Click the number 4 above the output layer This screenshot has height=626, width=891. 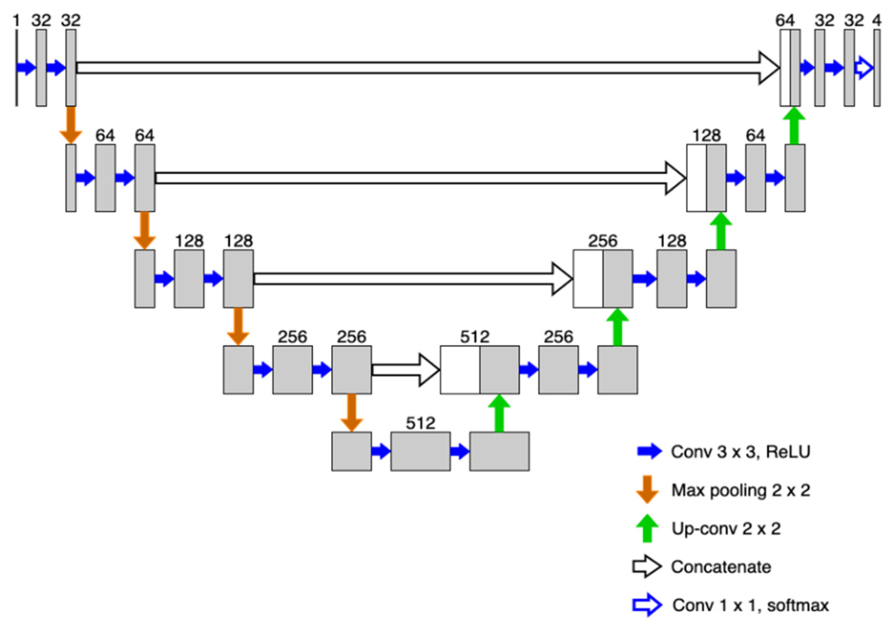click(x=876, y=20)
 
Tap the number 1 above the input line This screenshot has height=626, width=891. click(x=16, y=20)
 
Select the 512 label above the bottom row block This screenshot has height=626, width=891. click(x=420, y=423)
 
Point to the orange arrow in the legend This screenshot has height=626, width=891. click(x=647, y=489)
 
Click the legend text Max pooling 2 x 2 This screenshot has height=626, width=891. click(x=740, y=490)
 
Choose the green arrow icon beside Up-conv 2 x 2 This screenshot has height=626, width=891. click(x=647, y=528)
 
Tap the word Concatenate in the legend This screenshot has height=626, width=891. click(x=720, y=567)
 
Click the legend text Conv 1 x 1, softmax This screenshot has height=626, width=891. click(x=750, y=605)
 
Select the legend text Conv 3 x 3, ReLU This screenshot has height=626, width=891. click(x=740, y=451)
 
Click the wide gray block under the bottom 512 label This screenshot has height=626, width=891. click(x=420, y=451)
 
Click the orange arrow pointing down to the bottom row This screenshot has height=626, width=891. click(x=351, y=412)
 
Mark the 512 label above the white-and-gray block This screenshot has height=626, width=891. click(x=474, y=337)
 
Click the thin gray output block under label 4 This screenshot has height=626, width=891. click(x=876, y=68)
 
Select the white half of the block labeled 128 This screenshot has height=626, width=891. click(x=696, y=178)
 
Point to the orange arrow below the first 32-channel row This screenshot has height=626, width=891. click(x=71, y=124)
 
